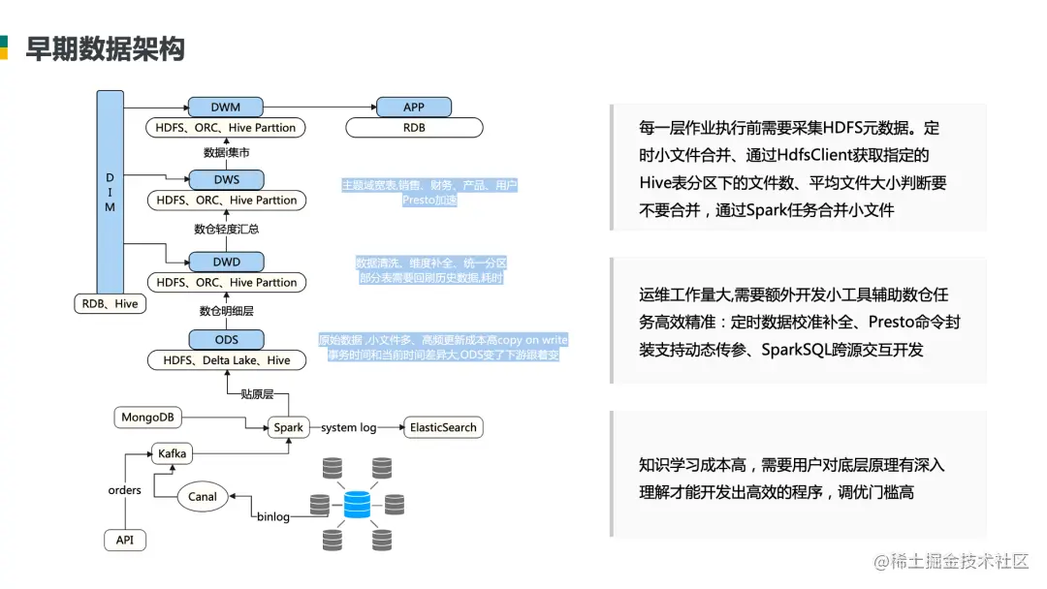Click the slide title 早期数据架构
click(105, 48)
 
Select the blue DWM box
click(226, 107)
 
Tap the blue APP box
click(414, 107)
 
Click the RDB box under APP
click(414, 127)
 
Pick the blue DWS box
click(226, 179)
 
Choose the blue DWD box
click(226, 262)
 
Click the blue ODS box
click(226, 339)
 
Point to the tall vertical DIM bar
click(111, 193)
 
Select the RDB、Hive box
click(111, 303)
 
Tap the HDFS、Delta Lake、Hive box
click(226, 360)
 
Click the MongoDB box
click(147, 418)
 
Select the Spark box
click(288, 427)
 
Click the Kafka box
click(172, 452)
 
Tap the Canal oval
click(203, 497)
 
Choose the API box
click(125, 541)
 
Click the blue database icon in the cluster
click(358, 505)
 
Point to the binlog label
click(273, 517)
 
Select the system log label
click(349, 427)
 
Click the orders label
click(125, 490)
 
